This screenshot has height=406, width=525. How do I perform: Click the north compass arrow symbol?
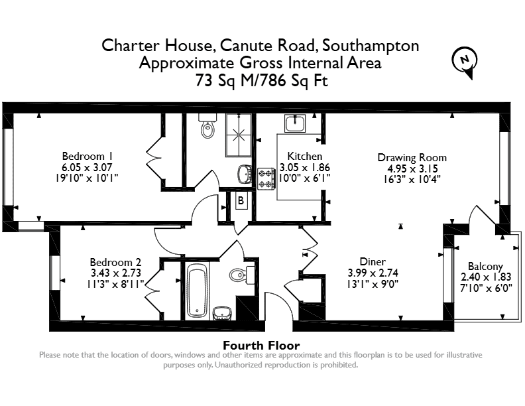click(465, 62)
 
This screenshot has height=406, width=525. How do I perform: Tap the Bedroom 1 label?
click(87, 156)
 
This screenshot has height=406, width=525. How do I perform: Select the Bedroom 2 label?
click(115, 262)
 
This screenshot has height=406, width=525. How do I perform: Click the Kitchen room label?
click(305, 156)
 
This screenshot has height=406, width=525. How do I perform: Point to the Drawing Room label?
click(412, 157)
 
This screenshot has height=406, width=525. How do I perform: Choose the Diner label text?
click(373, 261)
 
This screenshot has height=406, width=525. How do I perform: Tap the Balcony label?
click(485, 266)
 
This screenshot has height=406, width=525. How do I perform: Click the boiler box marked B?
click(241, 200)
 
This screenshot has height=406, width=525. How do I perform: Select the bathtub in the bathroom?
click(197, 291)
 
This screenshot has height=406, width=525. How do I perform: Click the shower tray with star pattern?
click(239, 135)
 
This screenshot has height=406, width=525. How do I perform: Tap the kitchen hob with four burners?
click(266, 179)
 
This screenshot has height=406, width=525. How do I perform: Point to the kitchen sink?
click(295, 123)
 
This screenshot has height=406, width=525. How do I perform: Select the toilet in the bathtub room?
click(242, 275)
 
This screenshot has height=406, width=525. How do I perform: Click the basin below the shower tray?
click(245, 174)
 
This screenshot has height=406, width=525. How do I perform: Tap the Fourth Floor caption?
click(261, 345)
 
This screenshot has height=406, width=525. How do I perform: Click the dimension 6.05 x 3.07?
click(87, 167)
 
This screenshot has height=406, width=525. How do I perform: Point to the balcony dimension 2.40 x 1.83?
click(486, 277)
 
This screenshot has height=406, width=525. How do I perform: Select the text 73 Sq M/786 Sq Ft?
click(261, 80)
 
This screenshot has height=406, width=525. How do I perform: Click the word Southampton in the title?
click(371, 46)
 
